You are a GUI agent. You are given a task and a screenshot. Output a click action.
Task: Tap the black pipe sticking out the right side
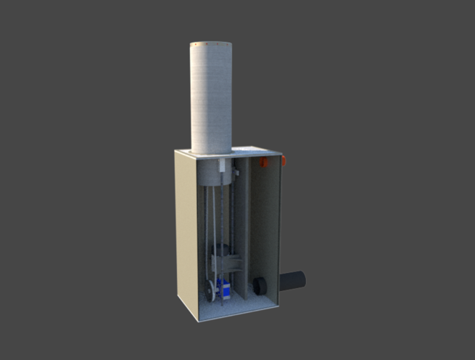293,279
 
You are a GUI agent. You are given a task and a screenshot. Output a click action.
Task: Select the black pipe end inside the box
260,285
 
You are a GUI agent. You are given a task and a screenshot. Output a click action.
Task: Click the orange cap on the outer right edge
284,159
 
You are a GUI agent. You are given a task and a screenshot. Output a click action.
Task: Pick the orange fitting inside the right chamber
265,162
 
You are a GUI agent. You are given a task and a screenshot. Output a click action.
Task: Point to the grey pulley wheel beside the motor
210,290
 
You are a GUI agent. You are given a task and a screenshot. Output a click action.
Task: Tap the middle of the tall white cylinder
211,98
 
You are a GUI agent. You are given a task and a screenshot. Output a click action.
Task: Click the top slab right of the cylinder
250,151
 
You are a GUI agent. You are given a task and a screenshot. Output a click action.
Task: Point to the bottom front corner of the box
198,319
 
